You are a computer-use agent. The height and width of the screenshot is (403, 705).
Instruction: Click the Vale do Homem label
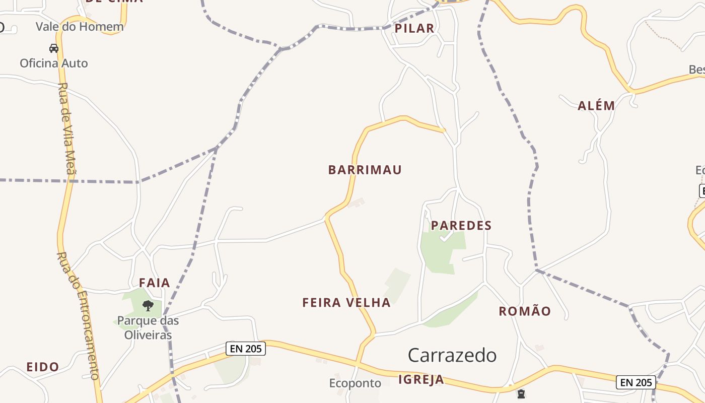tap(80, 27)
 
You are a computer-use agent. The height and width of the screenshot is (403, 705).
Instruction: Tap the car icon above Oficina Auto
tap(54, 48)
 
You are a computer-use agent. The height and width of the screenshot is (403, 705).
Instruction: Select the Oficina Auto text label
tap(54, 63)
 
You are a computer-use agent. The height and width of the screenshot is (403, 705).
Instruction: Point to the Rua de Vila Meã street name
tap(66, 128)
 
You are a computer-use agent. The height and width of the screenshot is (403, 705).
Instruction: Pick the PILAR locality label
tap(414, 28)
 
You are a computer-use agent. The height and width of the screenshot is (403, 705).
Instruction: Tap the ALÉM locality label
tap(596, 106)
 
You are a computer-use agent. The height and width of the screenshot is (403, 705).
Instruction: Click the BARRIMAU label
tap(365, 170)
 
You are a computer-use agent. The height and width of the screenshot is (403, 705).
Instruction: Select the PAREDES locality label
tap(461, 225)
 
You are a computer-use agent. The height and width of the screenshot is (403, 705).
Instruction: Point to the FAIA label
tap(155, 283)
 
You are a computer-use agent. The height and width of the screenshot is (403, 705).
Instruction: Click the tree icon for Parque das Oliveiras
tap(148, 305)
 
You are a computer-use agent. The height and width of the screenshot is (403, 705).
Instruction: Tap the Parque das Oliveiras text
tap(148, 327)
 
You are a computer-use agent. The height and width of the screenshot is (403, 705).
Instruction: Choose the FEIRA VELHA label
tap(346, 302)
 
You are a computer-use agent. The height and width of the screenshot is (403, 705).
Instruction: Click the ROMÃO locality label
tap(525, 311)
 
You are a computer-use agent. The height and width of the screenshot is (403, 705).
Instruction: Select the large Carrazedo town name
tap(452, 355)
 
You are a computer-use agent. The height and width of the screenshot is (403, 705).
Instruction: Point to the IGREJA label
tap(421, 379)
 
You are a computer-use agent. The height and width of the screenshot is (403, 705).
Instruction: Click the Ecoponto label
tap(355, 383)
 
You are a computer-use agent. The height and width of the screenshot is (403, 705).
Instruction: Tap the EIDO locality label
tap(43, 367)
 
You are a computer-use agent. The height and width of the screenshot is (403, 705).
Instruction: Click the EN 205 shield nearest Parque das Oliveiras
tap(245, 348)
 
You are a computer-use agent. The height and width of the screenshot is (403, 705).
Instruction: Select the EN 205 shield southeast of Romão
tap(636, 382)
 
